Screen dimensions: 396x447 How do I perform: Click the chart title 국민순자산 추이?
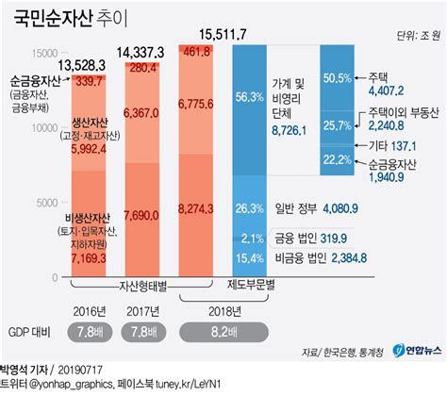pos(71,18)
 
